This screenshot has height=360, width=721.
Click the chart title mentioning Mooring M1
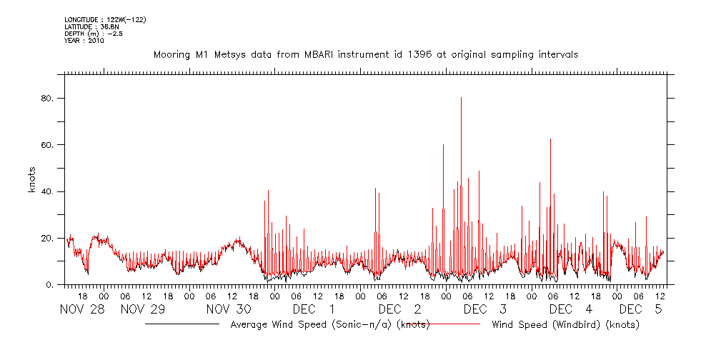(365, 54)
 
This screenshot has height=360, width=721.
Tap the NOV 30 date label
(229, 309)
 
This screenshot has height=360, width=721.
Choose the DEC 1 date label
(314, 309)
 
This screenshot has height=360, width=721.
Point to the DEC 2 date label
(399, 309)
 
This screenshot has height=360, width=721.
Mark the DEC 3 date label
(485, 309)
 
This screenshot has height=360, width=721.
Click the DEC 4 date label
(571, 309)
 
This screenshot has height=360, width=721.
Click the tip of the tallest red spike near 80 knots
(461, 98)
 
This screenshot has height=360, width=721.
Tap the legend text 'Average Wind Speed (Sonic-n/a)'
(330, 324)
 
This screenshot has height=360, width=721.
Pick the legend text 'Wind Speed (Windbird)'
(565, 324)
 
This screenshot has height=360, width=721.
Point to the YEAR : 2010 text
(84, 41)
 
